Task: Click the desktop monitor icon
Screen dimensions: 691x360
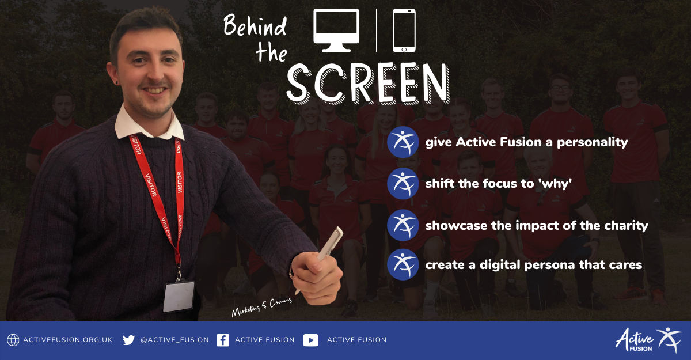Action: (x=336, y=30)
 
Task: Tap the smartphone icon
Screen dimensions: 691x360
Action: (x=404, y=30)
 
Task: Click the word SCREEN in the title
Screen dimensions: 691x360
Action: (x=368, y=84)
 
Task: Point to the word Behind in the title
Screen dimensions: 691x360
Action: (x=255, y=26)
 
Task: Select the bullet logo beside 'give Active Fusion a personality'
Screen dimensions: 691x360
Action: (x=403, y=142)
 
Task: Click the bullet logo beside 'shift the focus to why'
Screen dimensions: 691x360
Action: (x=403, y=184)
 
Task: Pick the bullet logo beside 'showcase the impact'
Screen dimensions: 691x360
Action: (x=403, y=225)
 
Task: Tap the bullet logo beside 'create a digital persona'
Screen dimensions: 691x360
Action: (x=403, y=265)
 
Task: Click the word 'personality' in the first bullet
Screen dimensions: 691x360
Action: (x=592, y=142)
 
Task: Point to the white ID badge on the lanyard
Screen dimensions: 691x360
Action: (x=179, y=297)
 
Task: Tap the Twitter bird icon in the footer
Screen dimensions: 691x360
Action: (x=128, y=340)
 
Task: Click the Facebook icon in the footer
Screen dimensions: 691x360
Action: (x=223, y=340)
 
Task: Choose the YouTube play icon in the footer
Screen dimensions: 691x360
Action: (x=310, y=340)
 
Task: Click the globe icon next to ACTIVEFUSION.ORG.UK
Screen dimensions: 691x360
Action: (x=13, y=340)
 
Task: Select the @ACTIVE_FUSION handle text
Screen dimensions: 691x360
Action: (x=174, y=340)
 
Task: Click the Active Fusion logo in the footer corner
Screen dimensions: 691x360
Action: (x=648, y=340)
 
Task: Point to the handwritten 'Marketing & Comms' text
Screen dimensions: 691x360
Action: (x=261, y=307)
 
